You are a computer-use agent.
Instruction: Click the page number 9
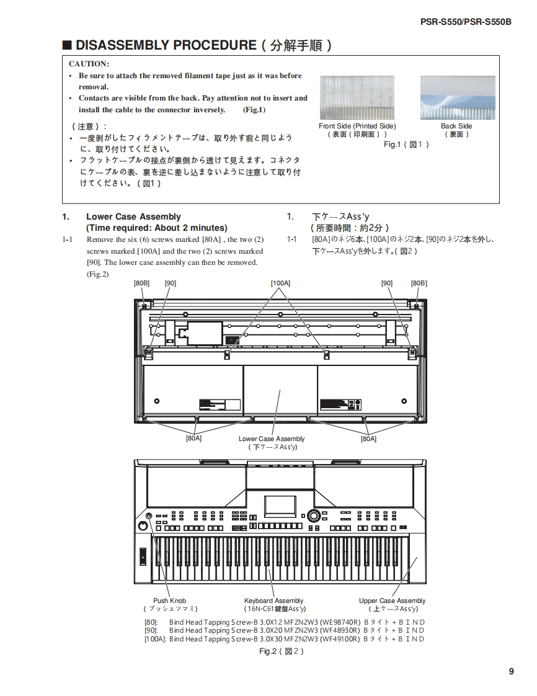pos(511,671)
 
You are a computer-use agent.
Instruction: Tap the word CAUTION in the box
pos(89,64)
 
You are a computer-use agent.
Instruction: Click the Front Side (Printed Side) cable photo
pos(357,97)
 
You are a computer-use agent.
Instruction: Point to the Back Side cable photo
pos(458,97)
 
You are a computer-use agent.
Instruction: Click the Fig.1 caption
pos(406,145)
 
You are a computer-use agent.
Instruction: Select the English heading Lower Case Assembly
pos(133,216)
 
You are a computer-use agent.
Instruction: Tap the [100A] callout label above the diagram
pos(280,283)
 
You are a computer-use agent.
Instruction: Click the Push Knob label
pos(169,600)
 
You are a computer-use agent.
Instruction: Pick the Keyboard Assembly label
pos(274,600)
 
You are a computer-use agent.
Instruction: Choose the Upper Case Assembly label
pos(392,600)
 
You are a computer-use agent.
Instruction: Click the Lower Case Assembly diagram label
pos(272,439)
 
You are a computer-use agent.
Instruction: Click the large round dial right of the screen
pos(314,516)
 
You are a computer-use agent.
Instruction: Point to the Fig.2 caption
pos(281,651)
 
